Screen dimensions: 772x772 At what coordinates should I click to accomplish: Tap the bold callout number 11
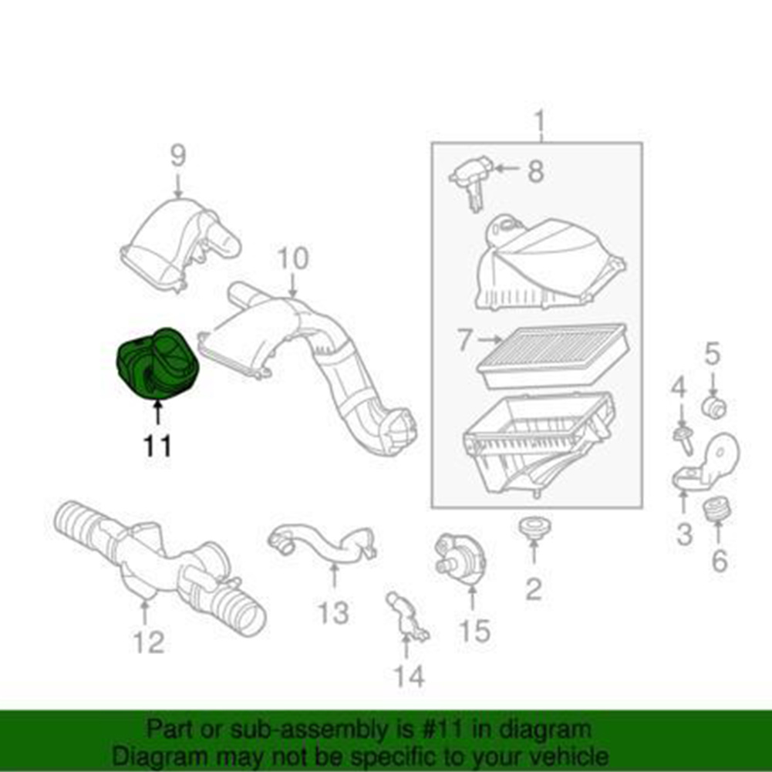coord(157,446)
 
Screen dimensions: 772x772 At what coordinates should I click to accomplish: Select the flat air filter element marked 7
coord(553,356)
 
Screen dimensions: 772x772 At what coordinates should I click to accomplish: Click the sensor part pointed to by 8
coord(470,181)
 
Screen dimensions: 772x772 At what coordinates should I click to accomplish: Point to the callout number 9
coord(178,155)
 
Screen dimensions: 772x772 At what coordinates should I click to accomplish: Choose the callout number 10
coord(293,258)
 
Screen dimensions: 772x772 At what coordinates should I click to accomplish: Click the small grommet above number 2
coord(534,528)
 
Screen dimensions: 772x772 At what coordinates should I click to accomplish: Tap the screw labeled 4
coord(684,440)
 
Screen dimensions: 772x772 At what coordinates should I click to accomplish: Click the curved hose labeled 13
coord(322,543)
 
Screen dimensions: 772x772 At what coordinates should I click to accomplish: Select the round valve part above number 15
coord(460,559)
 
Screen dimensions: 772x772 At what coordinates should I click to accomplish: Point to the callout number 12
coord(149,642)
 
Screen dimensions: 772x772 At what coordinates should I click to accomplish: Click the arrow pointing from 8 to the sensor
coord(507,168)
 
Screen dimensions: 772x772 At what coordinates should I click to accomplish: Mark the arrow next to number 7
coord(490,339)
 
